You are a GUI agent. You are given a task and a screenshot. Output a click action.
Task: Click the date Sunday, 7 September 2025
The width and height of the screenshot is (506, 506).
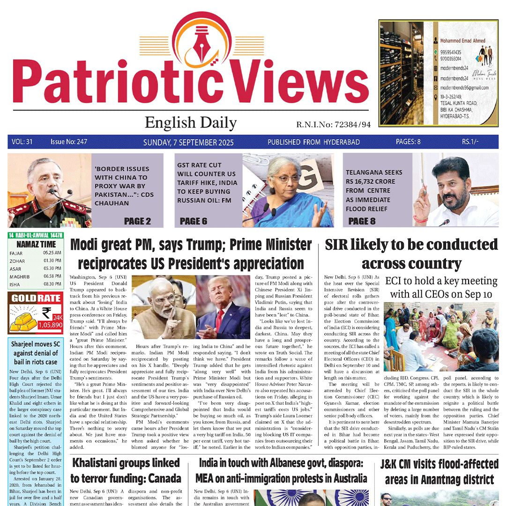tap(188, 142)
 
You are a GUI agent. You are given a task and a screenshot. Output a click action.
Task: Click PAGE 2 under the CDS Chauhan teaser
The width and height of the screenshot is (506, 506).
tap(138, 221)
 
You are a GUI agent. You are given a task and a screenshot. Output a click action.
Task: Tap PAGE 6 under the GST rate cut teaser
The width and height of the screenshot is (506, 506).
tap(193, 221)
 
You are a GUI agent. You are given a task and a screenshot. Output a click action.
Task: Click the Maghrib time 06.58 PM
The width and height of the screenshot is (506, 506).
tap(52, 276)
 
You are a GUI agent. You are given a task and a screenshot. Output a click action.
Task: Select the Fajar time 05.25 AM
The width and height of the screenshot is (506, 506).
tap(52, 253)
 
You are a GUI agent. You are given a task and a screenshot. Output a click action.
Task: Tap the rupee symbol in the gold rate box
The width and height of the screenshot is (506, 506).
tap(46, 312)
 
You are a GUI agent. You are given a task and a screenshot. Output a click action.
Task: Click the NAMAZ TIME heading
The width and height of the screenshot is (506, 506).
tap(36, 244)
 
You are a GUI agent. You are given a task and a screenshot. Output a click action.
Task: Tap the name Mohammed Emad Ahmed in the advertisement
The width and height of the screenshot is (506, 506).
tap(462, 41)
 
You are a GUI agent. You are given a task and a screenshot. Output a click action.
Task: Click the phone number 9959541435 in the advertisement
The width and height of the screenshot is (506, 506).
tap(450, 52)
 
